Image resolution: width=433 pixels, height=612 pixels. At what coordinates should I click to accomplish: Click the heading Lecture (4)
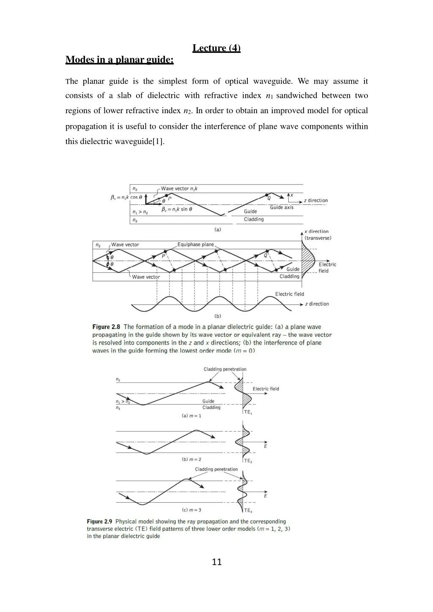pos(216,48)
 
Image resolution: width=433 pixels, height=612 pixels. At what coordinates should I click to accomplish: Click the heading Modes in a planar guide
pos(119,60)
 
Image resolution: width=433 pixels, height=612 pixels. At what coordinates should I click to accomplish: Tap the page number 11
pos(216,562)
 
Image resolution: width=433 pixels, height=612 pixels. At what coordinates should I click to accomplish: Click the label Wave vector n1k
pos(179,189)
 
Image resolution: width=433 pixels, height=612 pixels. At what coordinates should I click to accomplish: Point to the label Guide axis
pos(282,207)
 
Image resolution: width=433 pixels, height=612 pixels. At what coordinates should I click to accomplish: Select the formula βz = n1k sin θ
pos(177,209)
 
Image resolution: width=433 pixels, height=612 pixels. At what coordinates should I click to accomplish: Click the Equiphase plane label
pos(195,245)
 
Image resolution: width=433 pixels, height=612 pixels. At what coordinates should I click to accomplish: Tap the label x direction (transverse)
pos(318,235)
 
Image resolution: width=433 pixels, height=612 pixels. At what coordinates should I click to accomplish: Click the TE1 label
pos(248,412)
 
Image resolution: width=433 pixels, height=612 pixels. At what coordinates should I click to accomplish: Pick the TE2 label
pos(248,461)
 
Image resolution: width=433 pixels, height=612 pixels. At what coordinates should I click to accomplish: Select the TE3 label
pos(248,510)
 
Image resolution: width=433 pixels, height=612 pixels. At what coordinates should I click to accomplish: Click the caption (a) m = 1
pos(192,416)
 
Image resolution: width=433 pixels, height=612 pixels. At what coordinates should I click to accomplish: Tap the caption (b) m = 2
pos(192,459)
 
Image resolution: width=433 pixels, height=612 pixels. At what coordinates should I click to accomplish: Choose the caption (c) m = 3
pos(192,510)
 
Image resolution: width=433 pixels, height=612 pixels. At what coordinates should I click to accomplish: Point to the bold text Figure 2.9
pos(99,522)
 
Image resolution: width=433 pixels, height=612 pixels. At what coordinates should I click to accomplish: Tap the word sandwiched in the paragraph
pos(296,95)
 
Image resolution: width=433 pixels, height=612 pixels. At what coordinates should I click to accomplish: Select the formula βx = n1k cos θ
pos(126,197)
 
